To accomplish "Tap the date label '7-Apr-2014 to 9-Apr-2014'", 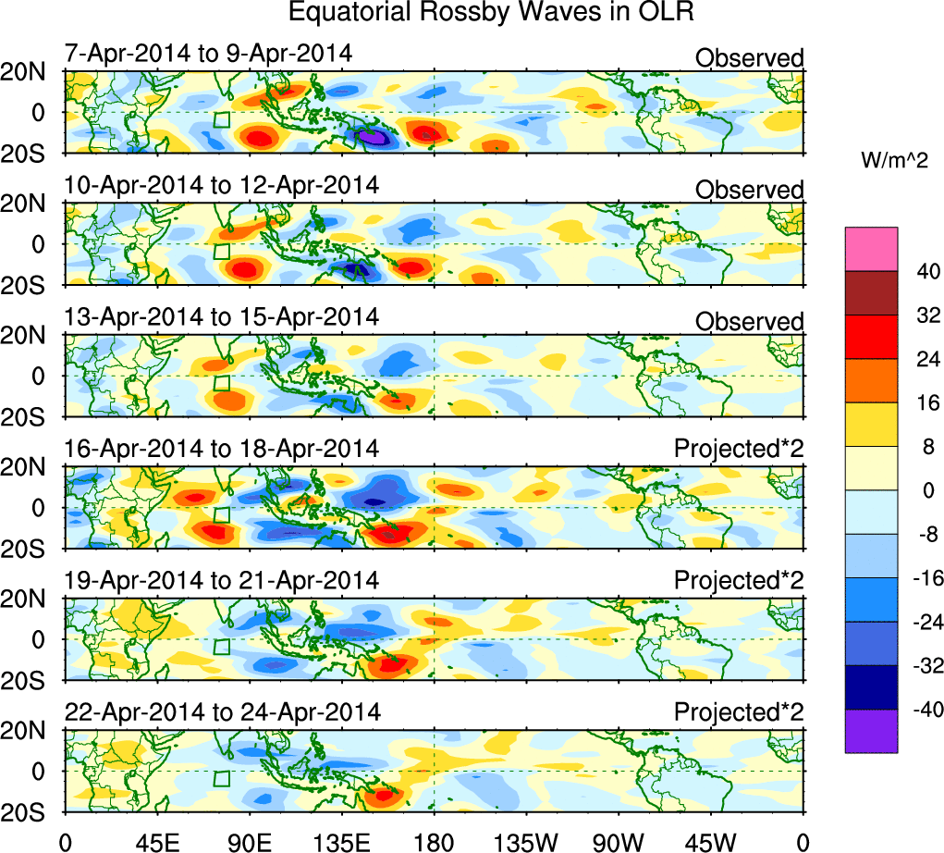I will click(x=208, y=53).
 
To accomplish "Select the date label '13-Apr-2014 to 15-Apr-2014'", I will click(x=222, y=316).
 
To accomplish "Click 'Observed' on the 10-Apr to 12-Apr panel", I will click(x=749, y=191).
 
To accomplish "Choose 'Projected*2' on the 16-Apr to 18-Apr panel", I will click(x=739, y=449).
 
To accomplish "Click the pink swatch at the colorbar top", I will click(x=871, y=249).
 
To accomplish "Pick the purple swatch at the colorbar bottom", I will click(x=871, y=731).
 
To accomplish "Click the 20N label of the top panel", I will click(x=31, y=72).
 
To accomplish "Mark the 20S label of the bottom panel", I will click(x=31, y=810).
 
